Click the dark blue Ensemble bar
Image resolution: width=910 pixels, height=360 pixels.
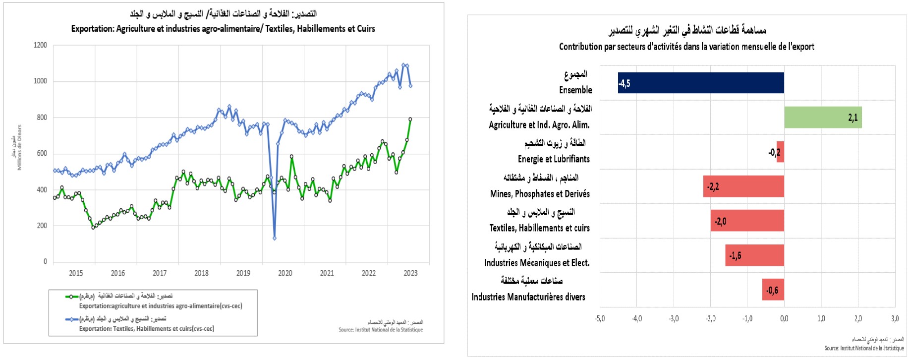point(701,83)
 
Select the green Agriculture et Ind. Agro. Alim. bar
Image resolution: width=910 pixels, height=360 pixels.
point(823,118)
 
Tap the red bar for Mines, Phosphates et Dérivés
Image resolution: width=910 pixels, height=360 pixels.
point(743,186)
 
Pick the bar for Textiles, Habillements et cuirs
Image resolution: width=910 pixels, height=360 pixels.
point(747,221)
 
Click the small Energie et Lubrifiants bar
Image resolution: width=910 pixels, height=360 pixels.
point(780,152)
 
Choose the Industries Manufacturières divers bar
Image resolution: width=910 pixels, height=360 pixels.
point(773,290)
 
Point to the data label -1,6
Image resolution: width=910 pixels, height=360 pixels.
point(735,256)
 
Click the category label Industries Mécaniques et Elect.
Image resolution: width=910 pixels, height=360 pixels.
point(537,263)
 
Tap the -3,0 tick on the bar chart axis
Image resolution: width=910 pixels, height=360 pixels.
point(674,318)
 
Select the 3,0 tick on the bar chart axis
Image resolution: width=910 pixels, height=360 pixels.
point(895,318)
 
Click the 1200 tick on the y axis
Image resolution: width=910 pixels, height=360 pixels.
point(40,45)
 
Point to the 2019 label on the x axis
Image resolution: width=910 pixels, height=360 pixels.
point(243,273)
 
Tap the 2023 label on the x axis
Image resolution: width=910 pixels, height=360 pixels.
point(410,273)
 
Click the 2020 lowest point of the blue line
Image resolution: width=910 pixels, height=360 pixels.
point(275,238)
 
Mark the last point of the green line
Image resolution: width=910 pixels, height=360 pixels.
point(410,119)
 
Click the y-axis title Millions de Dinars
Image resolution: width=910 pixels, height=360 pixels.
point(20,147)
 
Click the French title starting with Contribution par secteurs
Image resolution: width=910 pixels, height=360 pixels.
point(686,47)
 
